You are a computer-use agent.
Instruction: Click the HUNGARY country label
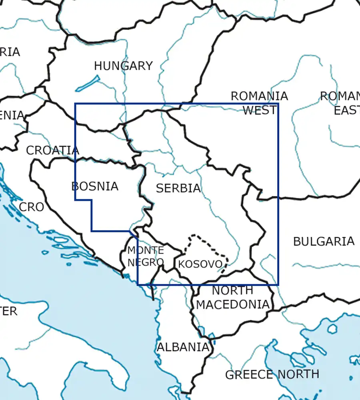pos(123,66)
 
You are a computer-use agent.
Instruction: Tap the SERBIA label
pos(178,188)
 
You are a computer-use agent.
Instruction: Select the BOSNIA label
pos(95,186)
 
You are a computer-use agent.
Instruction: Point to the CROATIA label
pos(52,150)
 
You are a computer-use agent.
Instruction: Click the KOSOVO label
pos(200,264)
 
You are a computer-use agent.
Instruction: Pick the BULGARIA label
pos(324,241)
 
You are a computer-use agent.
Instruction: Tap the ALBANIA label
pos(183,347)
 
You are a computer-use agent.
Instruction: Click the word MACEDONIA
pos(233,304)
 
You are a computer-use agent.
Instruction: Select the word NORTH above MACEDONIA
pos(232,290)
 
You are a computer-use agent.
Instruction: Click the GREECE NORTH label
pos(272,375)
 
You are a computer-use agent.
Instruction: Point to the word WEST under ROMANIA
pos(259,110)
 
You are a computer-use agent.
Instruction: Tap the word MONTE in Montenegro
pos(146,251)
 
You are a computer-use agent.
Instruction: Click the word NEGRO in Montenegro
pos(146,262)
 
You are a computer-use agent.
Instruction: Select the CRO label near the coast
pos(31,207)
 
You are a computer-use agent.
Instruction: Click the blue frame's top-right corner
pos(278,104)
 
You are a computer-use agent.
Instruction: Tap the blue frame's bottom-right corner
pos(278,285)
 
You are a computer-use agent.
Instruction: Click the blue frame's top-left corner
pos(75,104)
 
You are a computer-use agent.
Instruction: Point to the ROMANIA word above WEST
pos(259,96)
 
